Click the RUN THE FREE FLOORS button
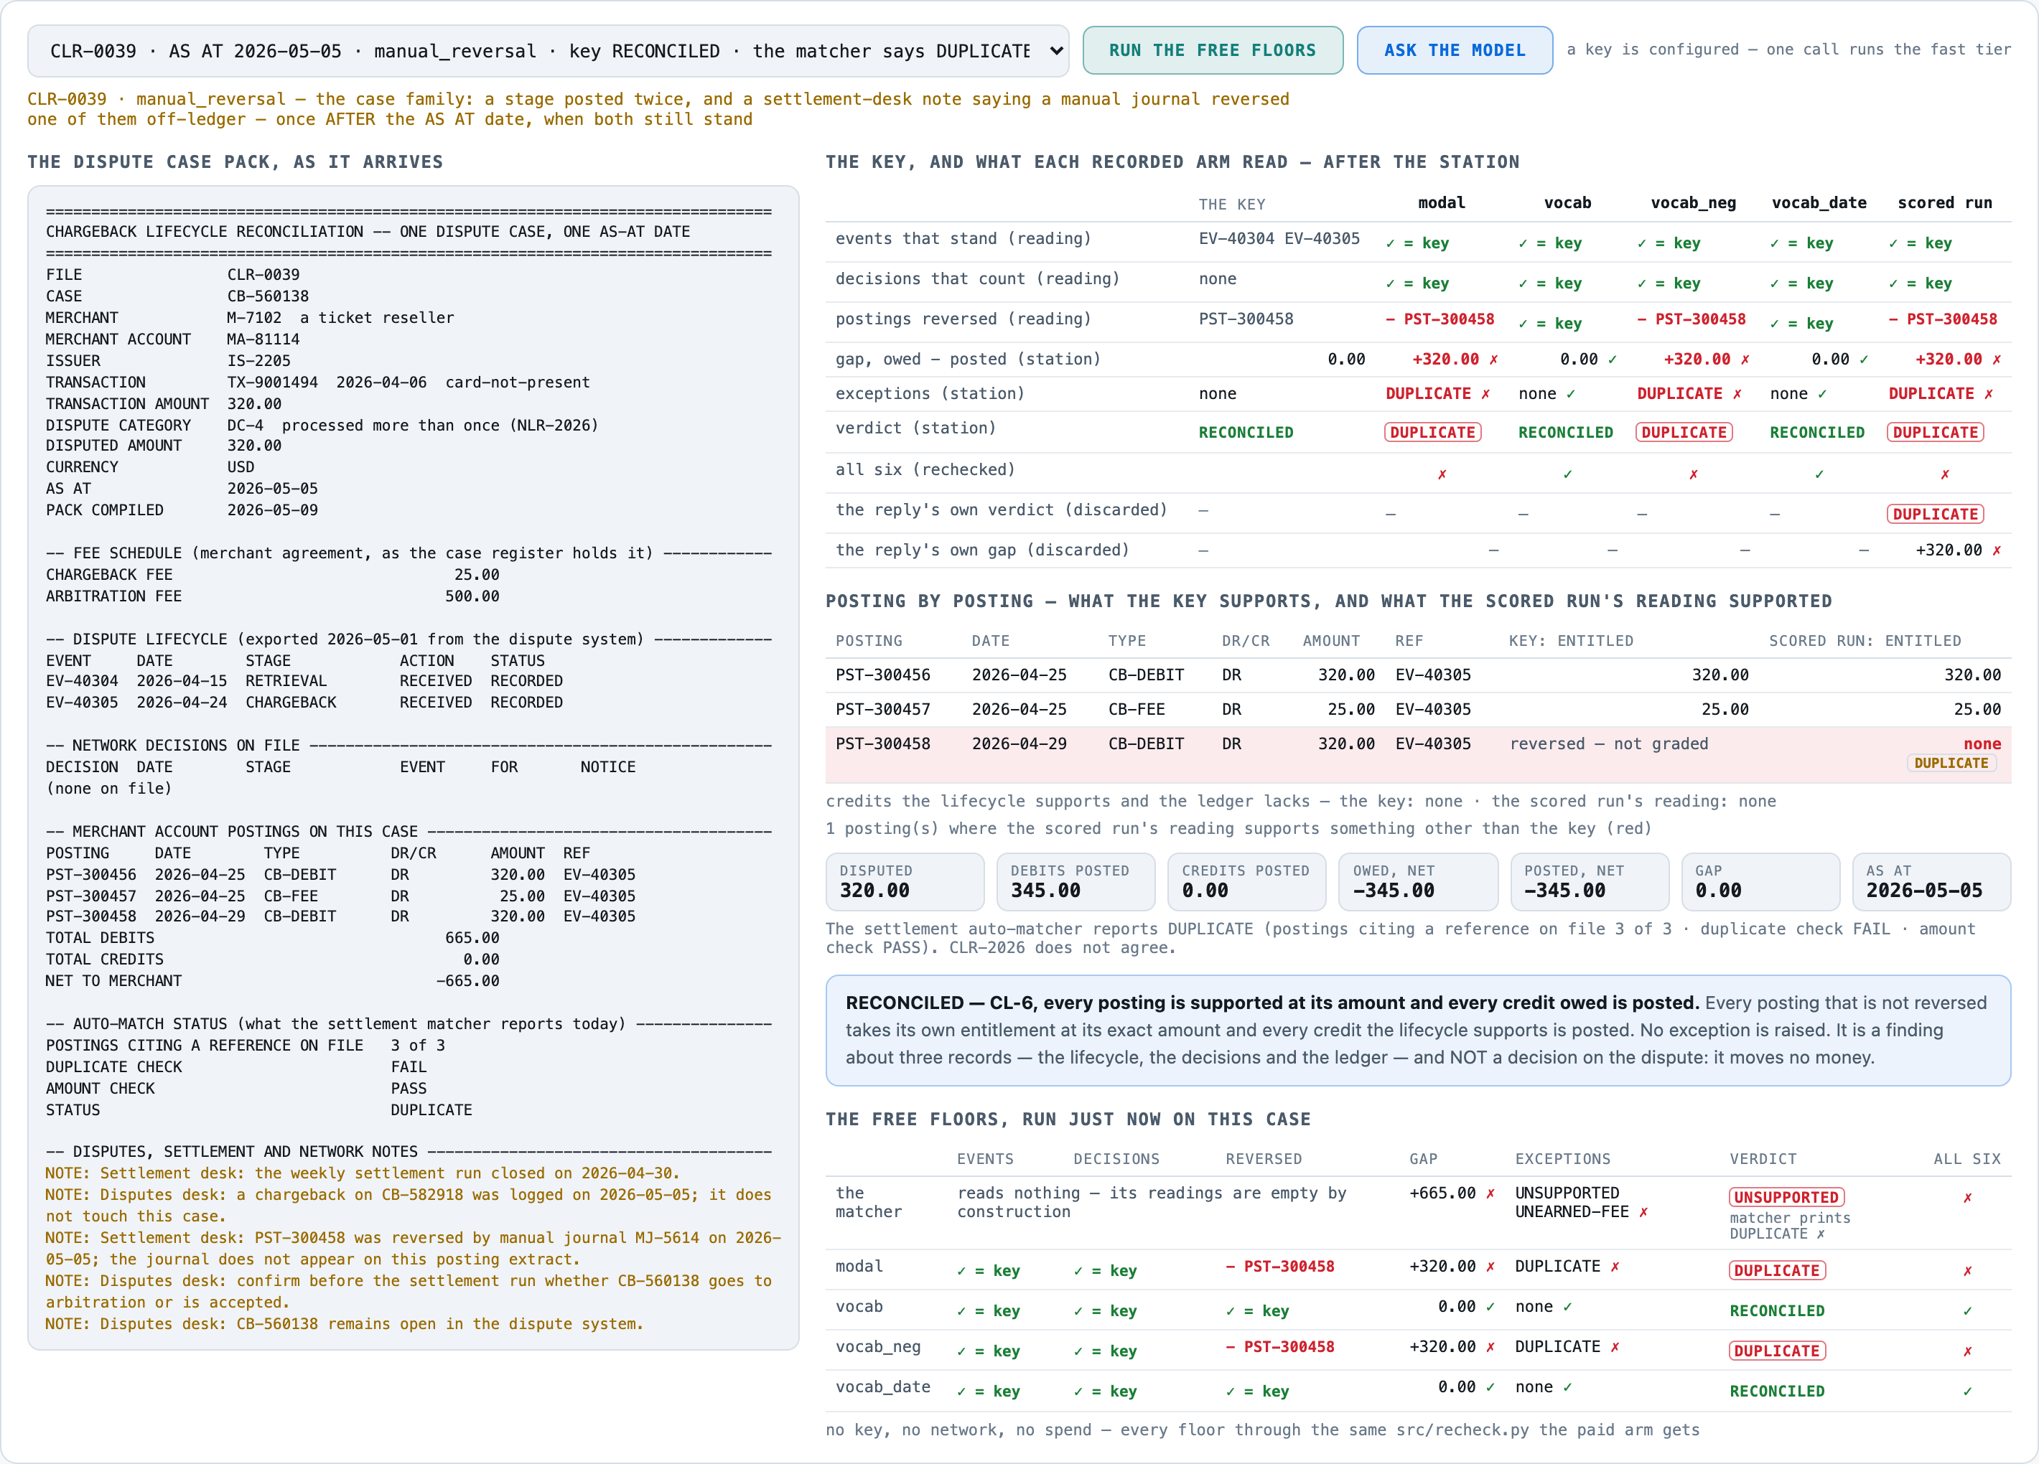tap(1212, 50)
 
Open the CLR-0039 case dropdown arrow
tap(1055, 51)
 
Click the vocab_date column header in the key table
tap(1819, 203)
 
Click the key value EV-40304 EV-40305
tap(1279, 238)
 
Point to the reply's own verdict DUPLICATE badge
tap(1936, 514)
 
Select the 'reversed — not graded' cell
tap(1608, 743)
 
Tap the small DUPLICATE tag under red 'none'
tap(1951, 763)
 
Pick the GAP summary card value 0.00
tap(1718, 891)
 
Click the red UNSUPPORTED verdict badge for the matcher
tap(1786, 1197)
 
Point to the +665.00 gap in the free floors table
tap(1442, 1193)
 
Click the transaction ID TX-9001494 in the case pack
tap(272, 382)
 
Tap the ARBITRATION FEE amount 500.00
tap(472, 596)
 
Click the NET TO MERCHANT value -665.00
tap(467, 980)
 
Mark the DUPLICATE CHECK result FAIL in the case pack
tap(409, 1066)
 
